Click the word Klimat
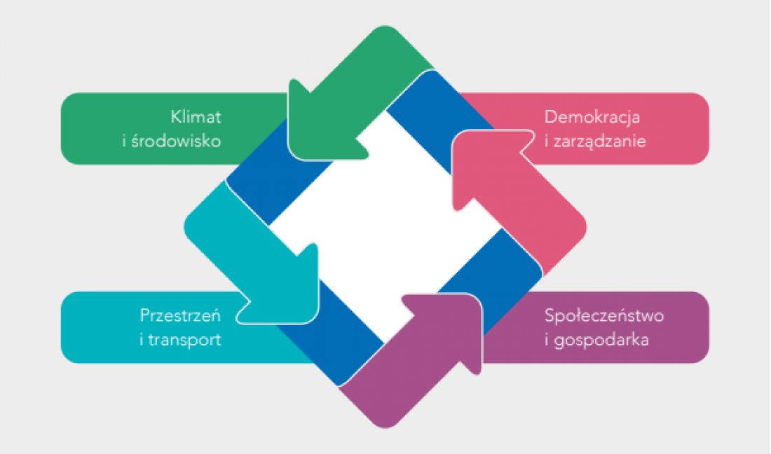click(196, 117)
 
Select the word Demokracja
click(592, 117)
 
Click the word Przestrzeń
click(180, 315)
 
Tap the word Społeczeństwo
click(604, 315)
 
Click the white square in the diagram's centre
click(385, 227)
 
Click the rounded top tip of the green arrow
click(385, 28)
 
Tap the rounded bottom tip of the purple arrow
click(385, 426)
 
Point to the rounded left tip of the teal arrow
click(186, 227)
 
